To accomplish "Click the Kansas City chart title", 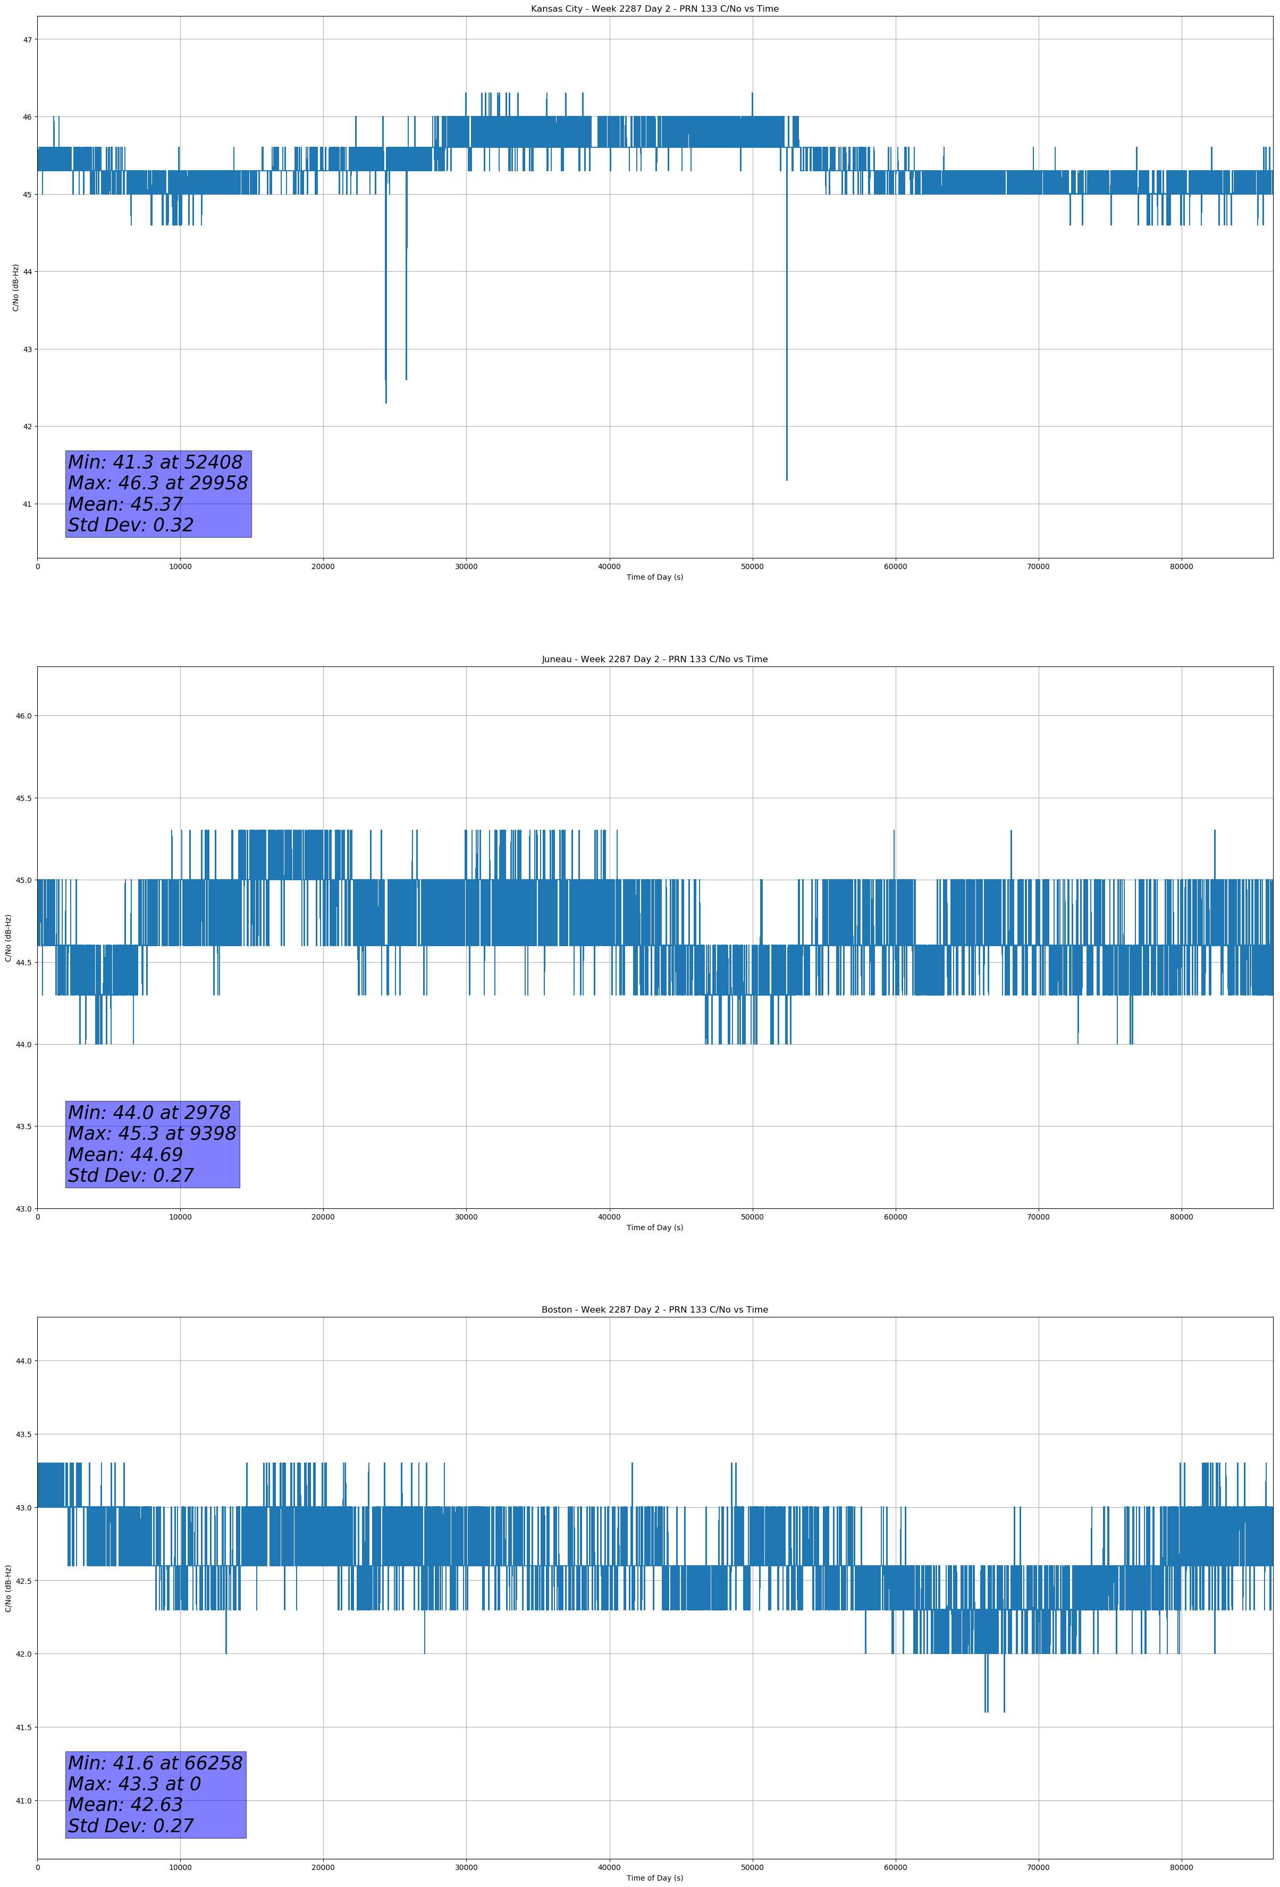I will click(x=654, y=9).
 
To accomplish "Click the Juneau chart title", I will click(x=654, y=659).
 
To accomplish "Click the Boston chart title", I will click(x=654, y=1310).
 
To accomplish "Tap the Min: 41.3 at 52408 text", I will click(x=155, y=462).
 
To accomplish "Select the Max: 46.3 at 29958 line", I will click(x=157, y=483).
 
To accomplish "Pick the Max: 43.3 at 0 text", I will click(x=134, y=1784).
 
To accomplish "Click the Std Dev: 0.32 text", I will click(x=131, y=525).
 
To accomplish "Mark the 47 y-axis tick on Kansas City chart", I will click(x=27, y=40).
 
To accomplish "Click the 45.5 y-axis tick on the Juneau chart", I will click(x=23, y=798).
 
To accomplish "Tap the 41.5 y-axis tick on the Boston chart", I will click(x=23, y=1727).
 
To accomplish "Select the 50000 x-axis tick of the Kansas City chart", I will click(x=752, y=567).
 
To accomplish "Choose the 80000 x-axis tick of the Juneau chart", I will click(x=1181, y=1217).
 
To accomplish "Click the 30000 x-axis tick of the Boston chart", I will click(x=466, y=1867).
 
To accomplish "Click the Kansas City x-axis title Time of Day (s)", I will click(x=654, y=577).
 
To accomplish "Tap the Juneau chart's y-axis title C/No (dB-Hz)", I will click(x=8, y=938).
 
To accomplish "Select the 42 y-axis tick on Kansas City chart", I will click(x=27, y=427).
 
